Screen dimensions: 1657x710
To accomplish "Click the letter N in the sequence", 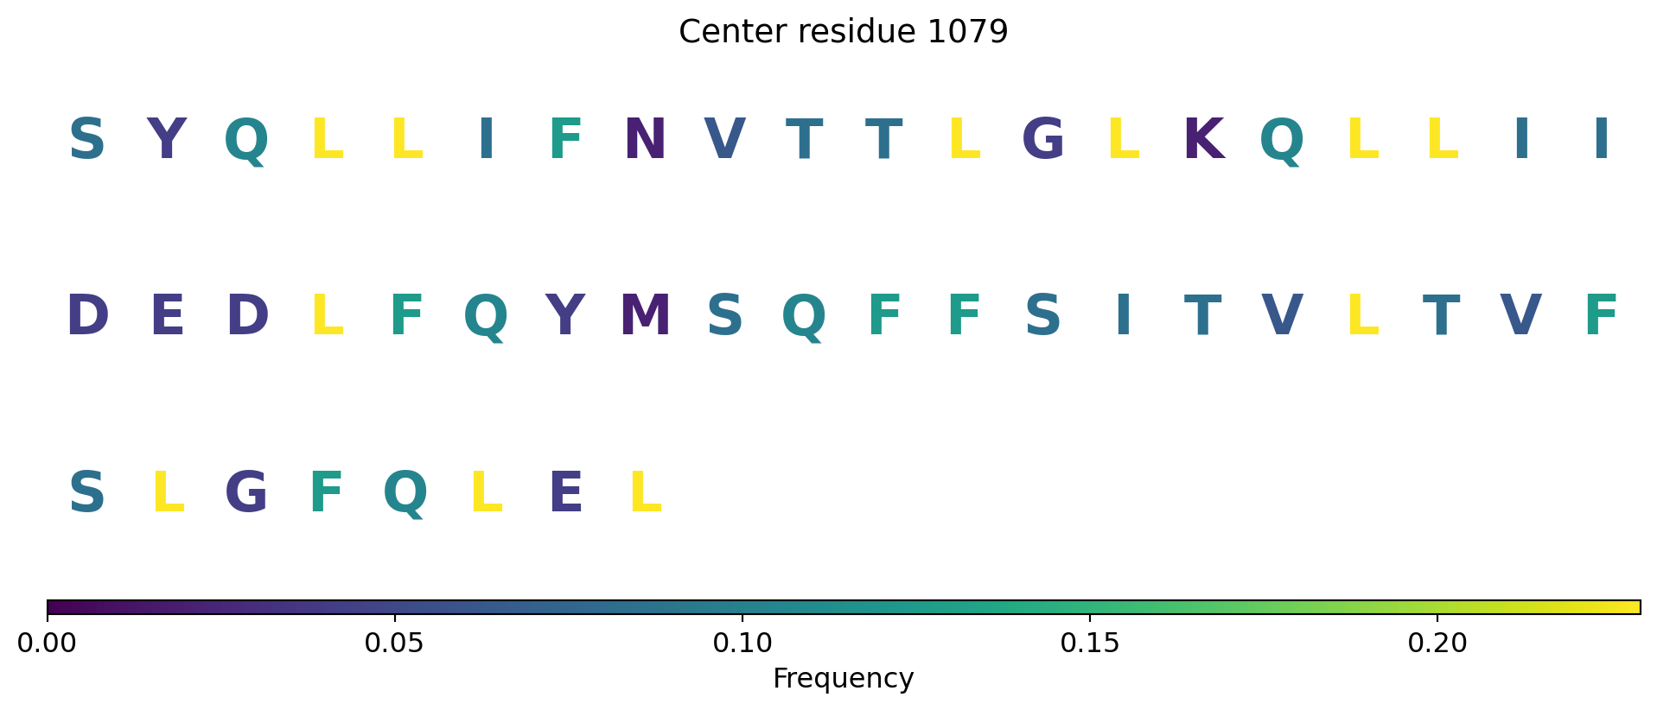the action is pos(645,139).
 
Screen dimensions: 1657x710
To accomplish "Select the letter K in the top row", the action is pos(1203,139).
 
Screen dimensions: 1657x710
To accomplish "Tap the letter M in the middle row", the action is pos(645,316).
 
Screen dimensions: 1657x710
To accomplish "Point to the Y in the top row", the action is pos(167,139).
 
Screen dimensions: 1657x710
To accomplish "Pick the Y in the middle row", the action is pos(565,316).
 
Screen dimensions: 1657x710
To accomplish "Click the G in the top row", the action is pos(1043,139).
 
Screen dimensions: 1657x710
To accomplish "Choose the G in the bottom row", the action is pos(246,493).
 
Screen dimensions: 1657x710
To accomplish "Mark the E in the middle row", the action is pos(167,316).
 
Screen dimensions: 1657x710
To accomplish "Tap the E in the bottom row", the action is pos(565,493).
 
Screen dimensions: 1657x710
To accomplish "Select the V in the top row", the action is pos(724,139).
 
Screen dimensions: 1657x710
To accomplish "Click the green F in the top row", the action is pos(565,139).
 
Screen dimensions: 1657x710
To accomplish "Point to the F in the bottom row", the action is pos(326,493).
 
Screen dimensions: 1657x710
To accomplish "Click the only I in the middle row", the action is pos(1123,316).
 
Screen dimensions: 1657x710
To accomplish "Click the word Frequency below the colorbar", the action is pos(843,679).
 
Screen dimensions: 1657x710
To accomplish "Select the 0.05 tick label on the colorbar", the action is pos(394,643).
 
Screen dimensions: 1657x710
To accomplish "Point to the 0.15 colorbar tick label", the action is pos(1089,643).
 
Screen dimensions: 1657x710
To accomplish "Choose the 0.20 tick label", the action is pos(1437,643).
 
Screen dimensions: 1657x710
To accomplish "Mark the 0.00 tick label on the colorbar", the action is pos(48,643).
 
